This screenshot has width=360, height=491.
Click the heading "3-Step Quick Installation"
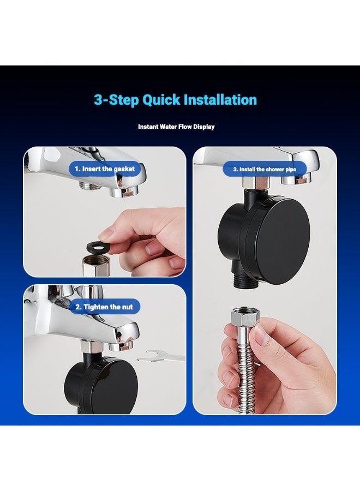pos(175,100)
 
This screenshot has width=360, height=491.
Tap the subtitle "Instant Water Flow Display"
pos(176,127)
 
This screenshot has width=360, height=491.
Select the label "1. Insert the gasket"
pos(105,169)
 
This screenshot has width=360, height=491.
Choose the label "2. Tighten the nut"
pos(104,307)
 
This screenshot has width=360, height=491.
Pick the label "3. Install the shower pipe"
pos(265,170)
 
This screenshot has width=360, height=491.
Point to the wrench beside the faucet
pos(160,356)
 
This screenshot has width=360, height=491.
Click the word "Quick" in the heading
pos(161,100)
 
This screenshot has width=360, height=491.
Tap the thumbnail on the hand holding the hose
pos(260,336)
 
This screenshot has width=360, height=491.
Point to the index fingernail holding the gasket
pos(107,234)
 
